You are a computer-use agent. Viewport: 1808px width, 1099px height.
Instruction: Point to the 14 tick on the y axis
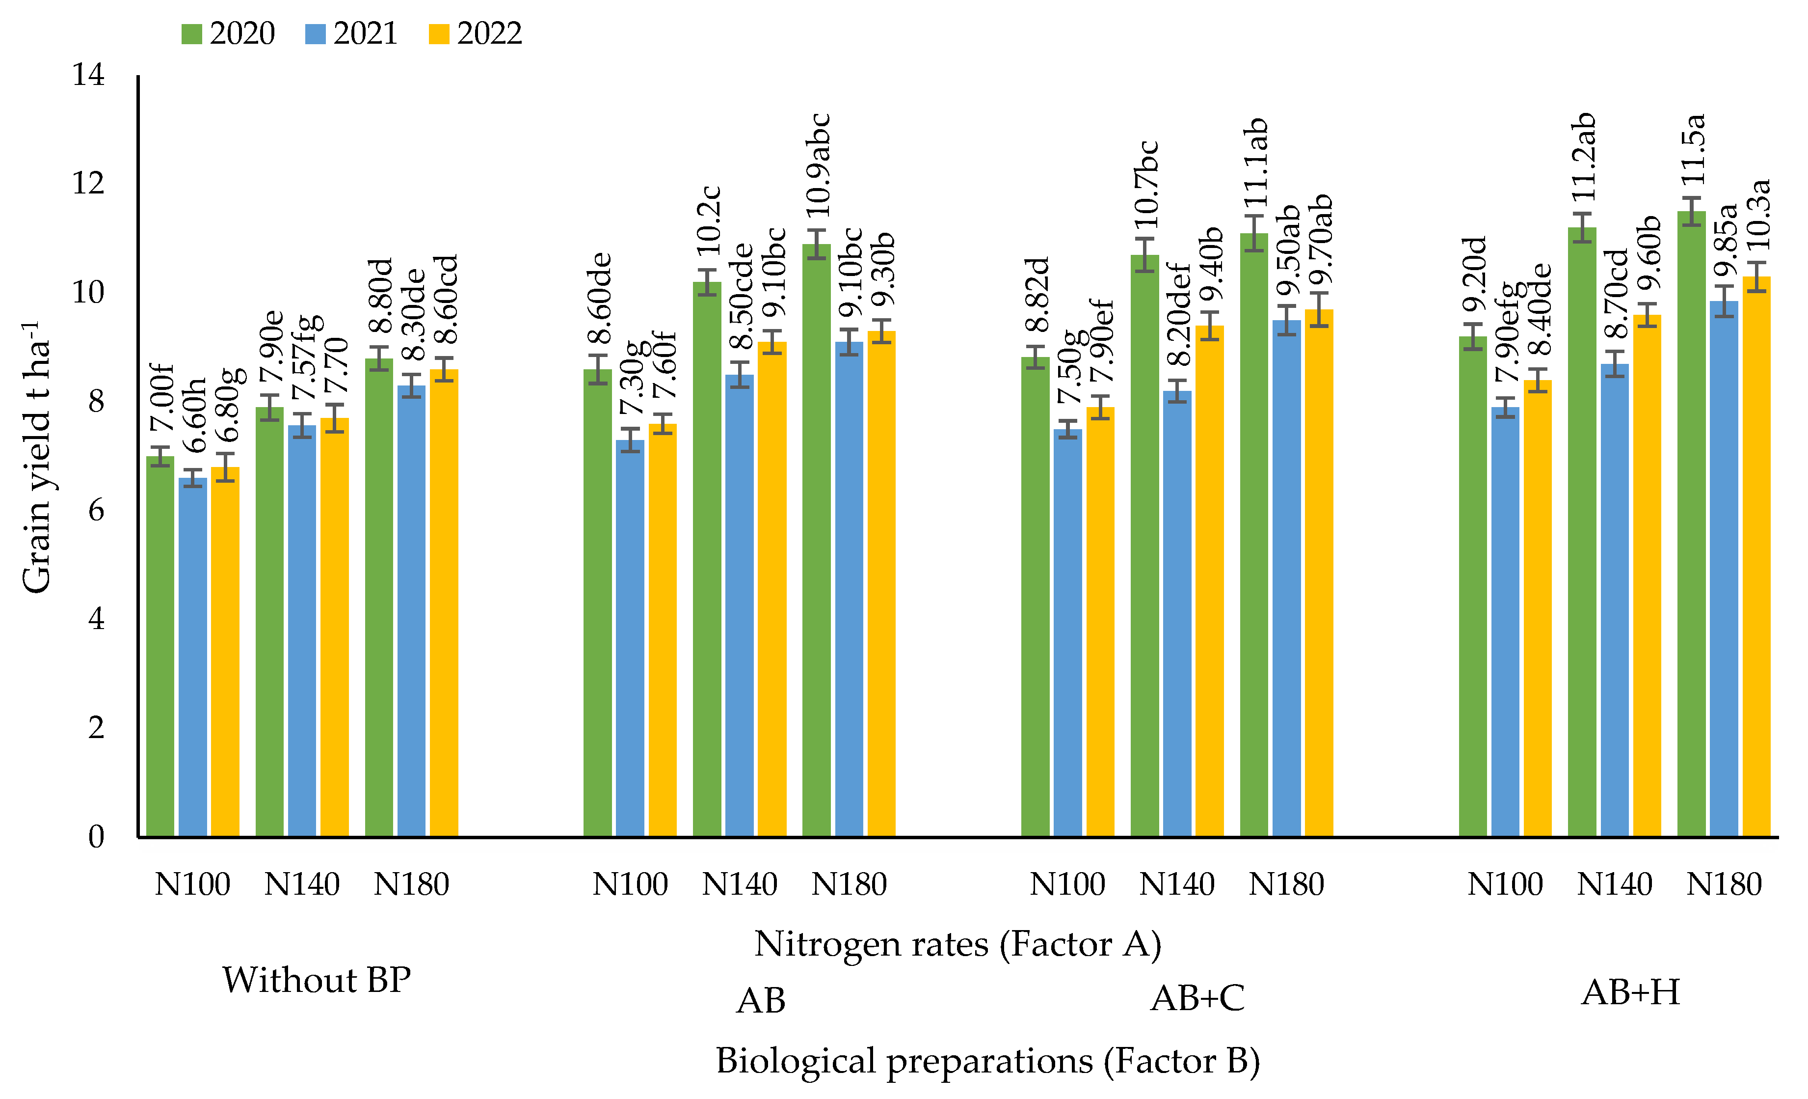click(x=88, y=75)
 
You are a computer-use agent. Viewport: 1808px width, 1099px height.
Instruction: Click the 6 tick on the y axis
click(x=95, y=510)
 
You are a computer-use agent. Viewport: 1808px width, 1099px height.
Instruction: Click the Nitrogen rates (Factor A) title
click(x=957, y=944)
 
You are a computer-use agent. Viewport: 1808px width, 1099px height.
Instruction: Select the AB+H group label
click(x=1630, y=992)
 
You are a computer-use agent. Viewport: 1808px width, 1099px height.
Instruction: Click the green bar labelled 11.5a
click(x=1691, y=528)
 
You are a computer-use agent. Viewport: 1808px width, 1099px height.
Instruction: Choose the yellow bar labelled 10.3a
click(x=1756, y=558)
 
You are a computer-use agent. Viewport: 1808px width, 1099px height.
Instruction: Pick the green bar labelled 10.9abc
click(x=816, y=543)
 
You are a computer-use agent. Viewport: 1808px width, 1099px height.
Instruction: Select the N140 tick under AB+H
click(x=1614, y=884)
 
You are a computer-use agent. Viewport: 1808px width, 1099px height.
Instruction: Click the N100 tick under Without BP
click(x=192, y=884)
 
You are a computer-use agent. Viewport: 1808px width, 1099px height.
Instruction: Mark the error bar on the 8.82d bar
click(x=1036, y=357)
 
